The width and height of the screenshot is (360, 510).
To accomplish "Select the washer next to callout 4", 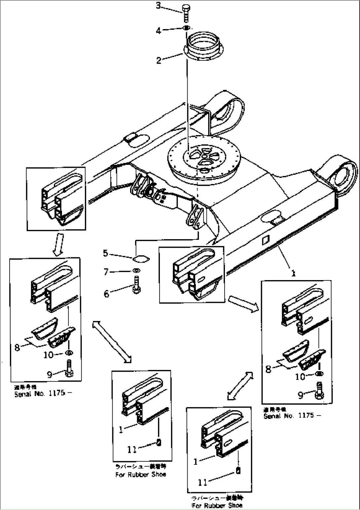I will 186,28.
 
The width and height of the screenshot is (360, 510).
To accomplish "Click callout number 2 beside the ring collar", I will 159,60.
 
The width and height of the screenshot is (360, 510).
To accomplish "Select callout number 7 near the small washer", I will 106,272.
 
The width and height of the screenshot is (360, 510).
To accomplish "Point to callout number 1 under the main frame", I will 293,273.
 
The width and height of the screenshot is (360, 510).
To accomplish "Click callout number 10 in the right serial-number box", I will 300,376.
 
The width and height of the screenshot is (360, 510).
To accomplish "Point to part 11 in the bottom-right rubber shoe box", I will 238,472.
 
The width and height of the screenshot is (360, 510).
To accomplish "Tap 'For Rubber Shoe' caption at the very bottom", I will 216,505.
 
